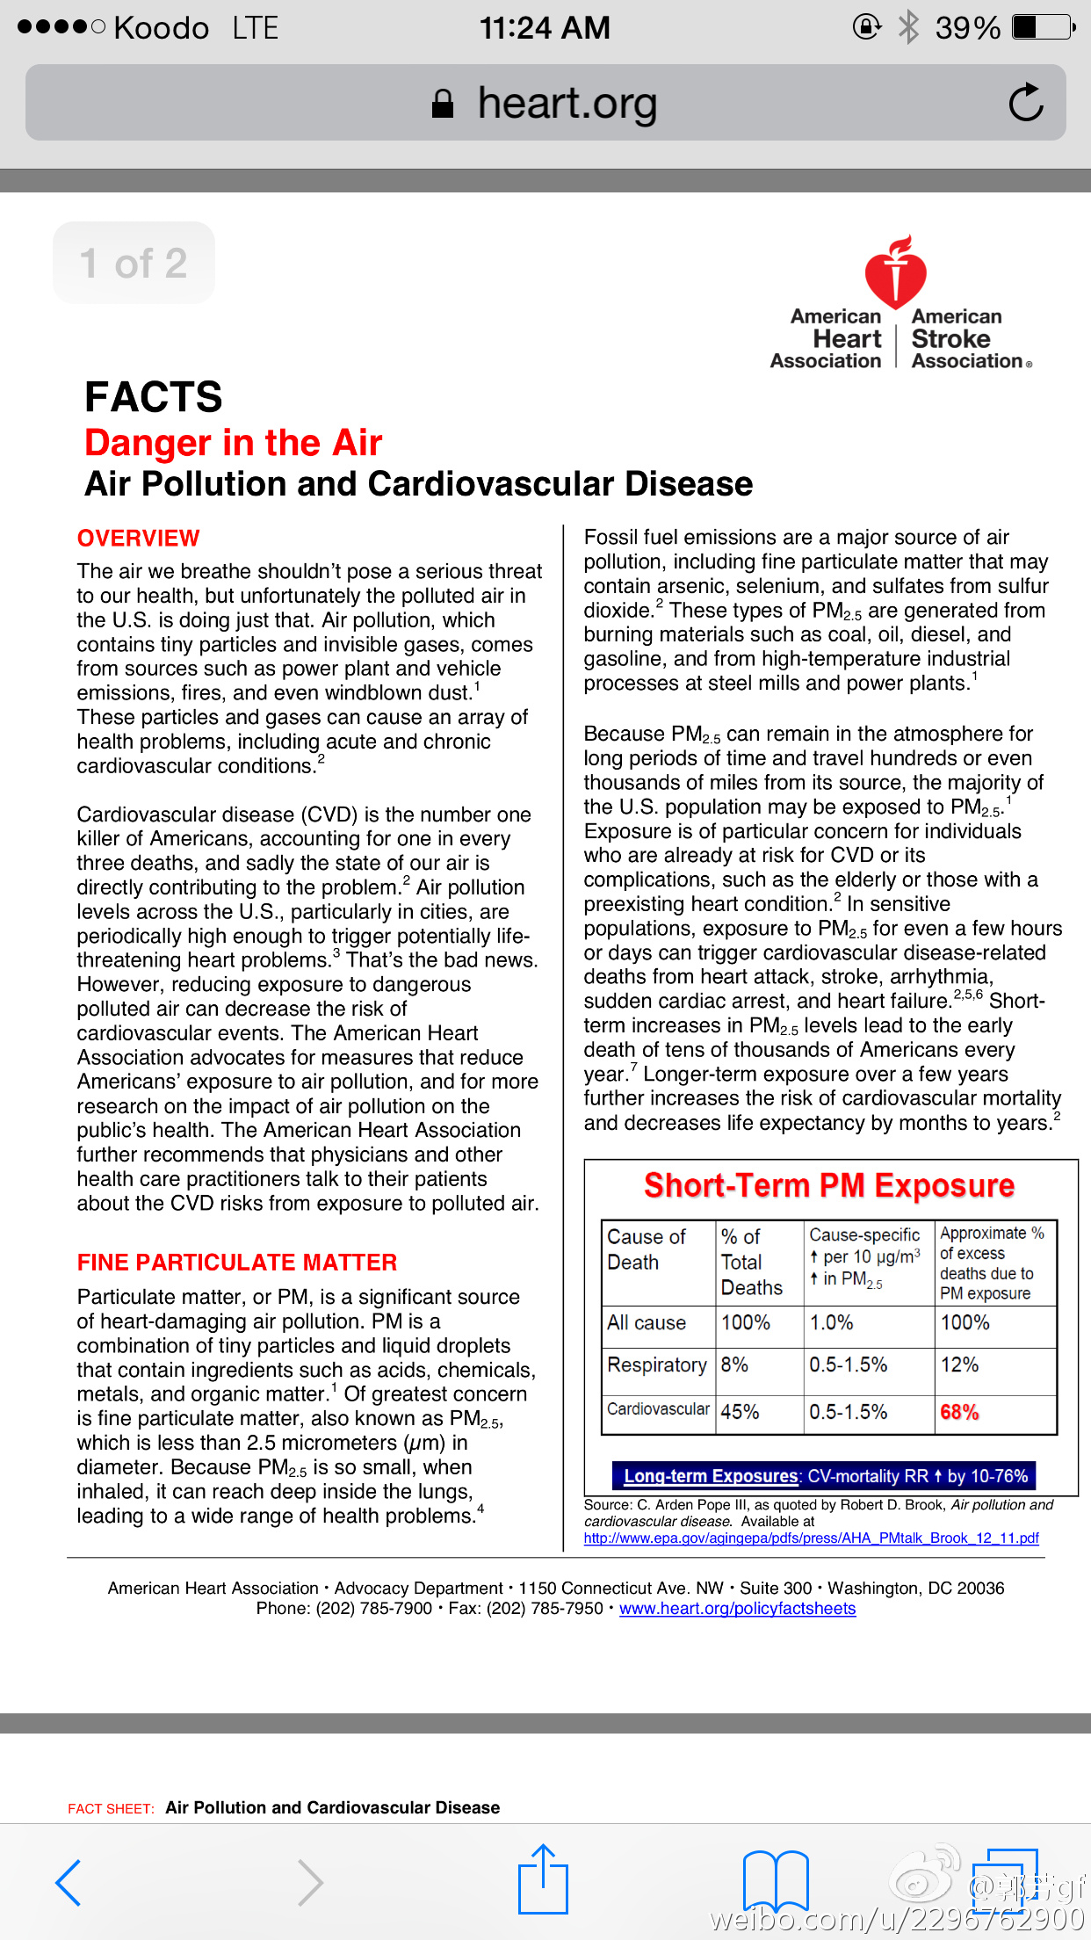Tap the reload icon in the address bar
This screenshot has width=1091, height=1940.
[1026, 103]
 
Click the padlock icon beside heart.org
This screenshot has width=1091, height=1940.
[443, 104]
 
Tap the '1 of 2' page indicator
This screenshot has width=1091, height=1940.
[134, 264]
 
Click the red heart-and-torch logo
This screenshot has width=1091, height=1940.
[895, 272]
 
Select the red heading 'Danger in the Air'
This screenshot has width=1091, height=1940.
[234, 443]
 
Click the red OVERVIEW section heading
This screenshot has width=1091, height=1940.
[139, 538]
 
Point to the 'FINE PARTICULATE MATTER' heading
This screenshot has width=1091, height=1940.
[237, 1263]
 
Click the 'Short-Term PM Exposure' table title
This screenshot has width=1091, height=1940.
[829, 1185]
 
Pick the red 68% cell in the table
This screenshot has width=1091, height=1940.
[959, 1412]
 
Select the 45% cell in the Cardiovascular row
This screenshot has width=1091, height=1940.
[740, 1412]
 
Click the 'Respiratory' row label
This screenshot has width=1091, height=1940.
[657, 1365]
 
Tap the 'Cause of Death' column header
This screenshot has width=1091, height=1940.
[647, 1249]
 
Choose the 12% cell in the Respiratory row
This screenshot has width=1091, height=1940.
[959, 1365]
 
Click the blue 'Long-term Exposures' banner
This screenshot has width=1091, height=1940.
[825, 1476]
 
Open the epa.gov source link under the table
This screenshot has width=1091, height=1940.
[811, 1538]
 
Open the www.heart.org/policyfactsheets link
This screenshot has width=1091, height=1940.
[737, 1609]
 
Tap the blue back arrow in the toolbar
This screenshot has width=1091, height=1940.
[69, 1882]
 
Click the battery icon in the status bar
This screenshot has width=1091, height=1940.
[1043, 28]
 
